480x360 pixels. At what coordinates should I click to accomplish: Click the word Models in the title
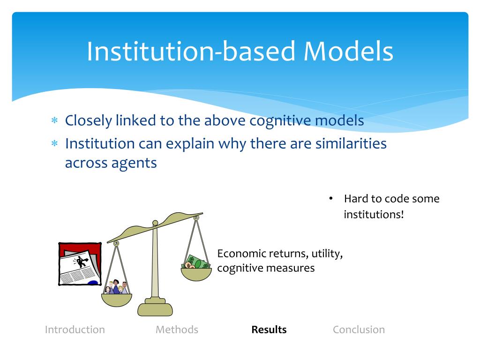348,52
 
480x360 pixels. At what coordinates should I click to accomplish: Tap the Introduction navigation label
75,330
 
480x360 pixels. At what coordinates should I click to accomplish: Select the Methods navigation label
177,330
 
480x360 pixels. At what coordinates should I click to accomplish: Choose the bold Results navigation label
269,330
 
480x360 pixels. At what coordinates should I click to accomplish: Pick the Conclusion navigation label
359,330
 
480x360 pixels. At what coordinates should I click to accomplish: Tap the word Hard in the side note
356,199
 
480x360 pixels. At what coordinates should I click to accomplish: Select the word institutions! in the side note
374,215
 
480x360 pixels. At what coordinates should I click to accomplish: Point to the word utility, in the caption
328,254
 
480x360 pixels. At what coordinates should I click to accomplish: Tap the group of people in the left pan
116,287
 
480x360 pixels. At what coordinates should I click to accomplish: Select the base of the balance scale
155,308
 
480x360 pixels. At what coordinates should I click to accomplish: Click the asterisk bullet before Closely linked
54,121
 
